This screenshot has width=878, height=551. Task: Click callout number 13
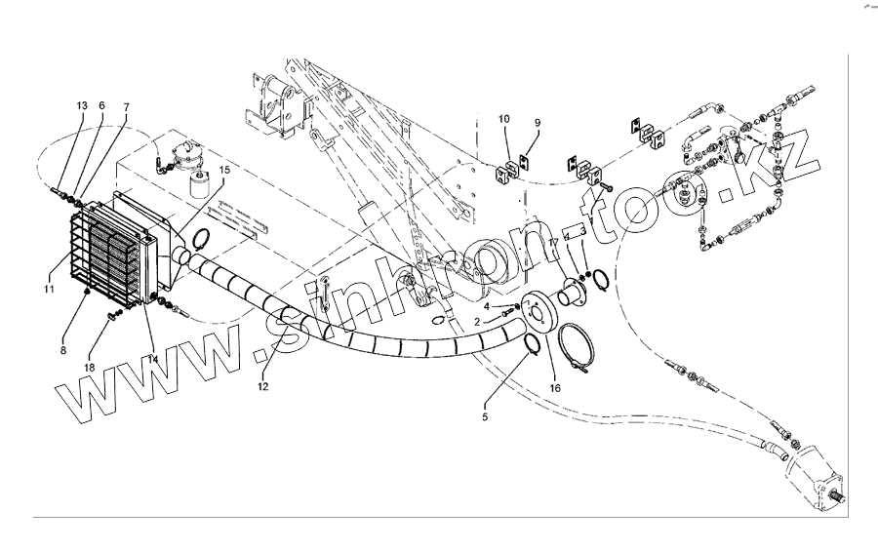tap(82, 104)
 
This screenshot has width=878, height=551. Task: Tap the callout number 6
tap(101, 104)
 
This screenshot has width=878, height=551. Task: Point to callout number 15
tap(224, 169)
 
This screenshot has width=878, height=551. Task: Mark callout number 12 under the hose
tap(262, 387)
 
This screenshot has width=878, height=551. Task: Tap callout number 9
tap(536, 122)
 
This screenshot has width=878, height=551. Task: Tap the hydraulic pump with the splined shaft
tap(818, 479)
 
